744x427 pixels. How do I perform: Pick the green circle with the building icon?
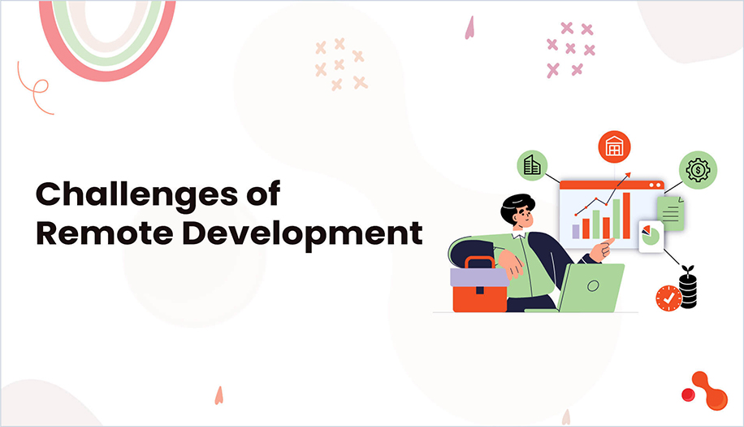coord(531,166)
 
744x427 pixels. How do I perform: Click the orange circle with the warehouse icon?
coord(614,146)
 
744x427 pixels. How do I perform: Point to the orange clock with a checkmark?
coord(668,298)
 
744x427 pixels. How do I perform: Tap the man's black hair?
coord(516,205)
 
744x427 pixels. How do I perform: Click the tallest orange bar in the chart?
coord(626,216)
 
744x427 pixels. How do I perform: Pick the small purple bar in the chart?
coord(576,232)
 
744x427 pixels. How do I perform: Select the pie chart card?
coord(651,237)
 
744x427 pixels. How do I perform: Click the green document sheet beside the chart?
coord(671,214)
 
